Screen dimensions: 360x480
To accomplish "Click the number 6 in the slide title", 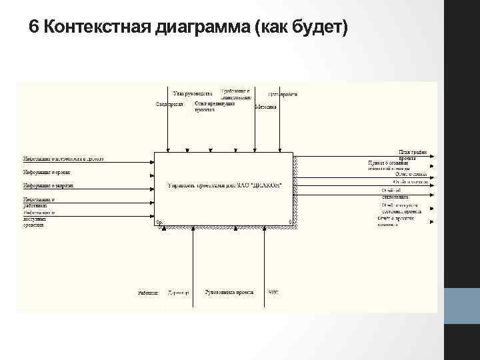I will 34,29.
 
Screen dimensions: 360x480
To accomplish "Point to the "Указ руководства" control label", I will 193,94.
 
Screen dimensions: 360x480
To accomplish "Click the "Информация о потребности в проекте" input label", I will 63,159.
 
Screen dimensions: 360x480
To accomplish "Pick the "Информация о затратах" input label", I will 48,185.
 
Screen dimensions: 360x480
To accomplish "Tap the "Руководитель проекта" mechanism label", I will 229,293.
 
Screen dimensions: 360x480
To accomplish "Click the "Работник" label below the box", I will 148,293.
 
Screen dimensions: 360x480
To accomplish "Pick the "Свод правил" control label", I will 169,105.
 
